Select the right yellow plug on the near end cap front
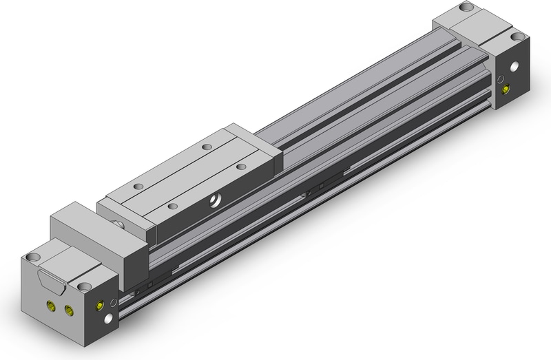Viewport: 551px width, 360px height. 67,310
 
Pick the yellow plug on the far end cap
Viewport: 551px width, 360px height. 508,89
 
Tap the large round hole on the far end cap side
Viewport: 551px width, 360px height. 514,70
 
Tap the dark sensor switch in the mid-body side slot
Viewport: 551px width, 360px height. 314,191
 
